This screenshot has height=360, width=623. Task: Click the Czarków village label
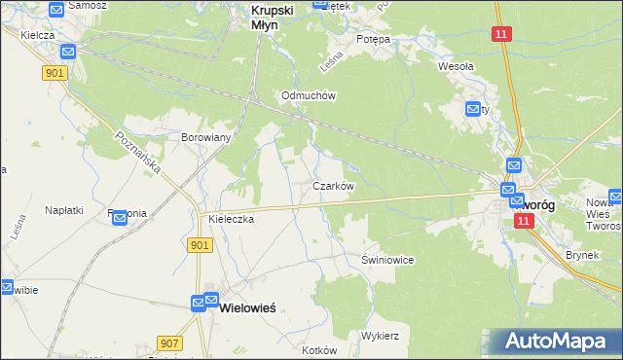(332, 185)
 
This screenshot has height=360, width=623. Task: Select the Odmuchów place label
(309, 95)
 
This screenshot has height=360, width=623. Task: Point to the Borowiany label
(205, 137)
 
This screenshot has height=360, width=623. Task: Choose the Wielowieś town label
(249, 306)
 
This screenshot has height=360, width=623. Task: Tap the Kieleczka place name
(231, 220)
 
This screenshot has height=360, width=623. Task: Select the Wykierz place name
(381, 335)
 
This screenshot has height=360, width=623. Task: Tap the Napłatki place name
(64, 209)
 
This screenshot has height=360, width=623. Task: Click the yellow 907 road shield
(168, 342)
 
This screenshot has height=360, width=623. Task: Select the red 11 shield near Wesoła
(500, 34)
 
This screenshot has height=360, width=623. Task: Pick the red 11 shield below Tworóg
(524, 222)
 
